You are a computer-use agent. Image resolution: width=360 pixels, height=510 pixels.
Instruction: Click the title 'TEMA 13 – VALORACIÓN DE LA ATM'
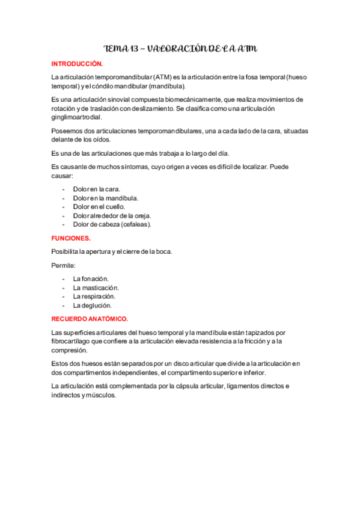coord(181,48)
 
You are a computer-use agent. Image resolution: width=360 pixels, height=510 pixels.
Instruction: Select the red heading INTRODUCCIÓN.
coord(77,64)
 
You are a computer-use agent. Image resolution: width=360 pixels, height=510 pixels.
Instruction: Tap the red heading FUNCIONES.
coord(71,238)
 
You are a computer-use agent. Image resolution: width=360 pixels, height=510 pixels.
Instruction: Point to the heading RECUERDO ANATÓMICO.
coord(90,319)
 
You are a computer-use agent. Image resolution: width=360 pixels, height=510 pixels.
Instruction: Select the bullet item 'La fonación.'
coord(91,279)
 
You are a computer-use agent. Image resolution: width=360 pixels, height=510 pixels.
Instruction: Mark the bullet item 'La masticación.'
coord(96,288)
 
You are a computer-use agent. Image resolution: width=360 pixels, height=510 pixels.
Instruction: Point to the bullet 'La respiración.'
coord(94,296)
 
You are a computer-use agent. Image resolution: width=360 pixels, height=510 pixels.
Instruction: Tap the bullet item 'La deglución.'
coord(93,306)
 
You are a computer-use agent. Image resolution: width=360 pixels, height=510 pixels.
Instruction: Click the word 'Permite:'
coord(63,265)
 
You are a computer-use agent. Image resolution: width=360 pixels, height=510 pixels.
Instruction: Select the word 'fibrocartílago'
coord(72,341)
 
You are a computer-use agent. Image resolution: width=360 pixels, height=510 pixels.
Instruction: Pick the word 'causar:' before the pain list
coord(63,176)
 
